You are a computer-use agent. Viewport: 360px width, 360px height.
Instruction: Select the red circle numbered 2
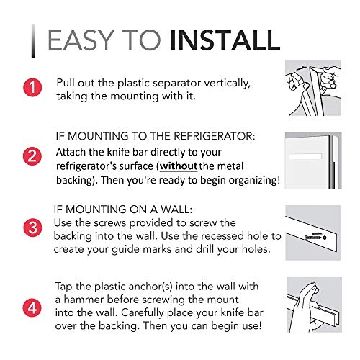(30, 155)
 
